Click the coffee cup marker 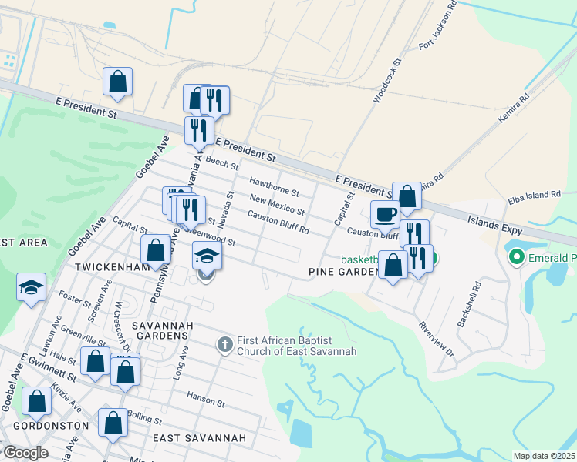[385, 213]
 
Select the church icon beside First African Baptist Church [224, 343]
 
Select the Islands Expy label [494, 226]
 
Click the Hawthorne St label [274, 186]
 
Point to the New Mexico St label [277, 206]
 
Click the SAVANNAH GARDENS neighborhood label [160, 330]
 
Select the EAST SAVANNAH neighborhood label [199, 438]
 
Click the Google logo [25, 453]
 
